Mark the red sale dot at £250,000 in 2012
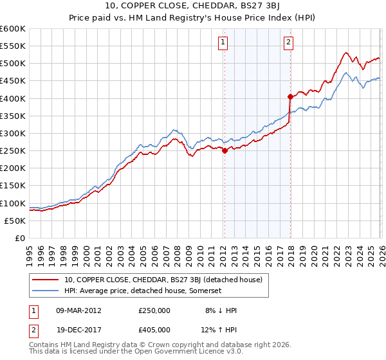click(225, 151)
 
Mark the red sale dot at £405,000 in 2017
click(290, 97)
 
